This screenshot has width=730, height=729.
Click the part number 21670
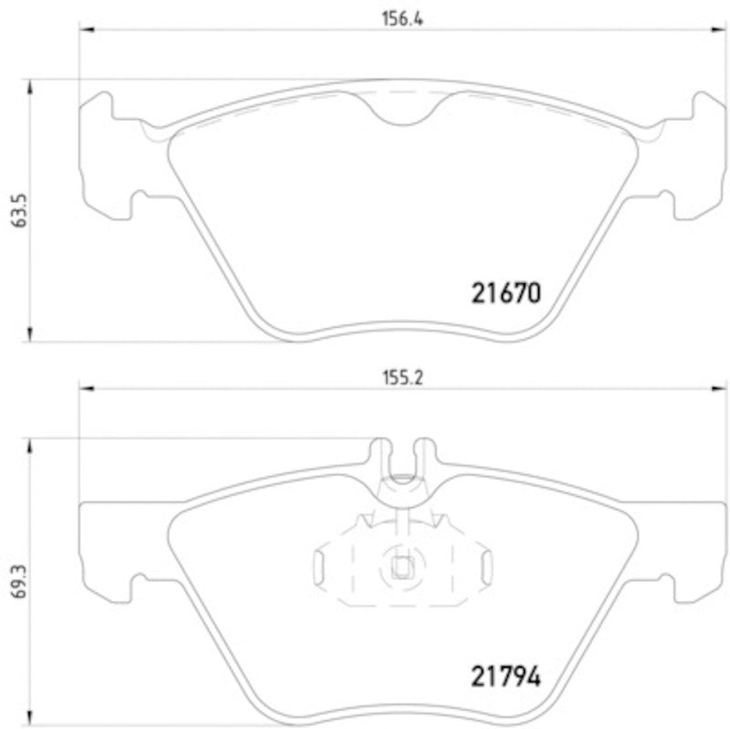[x=506, y=293]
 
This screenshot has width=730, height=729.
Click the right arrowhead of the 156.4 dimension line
[x=704, y=31]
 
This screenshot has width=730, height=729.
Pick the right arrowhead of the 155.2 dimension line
[x=704, y=388]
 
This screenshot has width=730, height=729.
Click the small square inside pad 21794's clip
[x=400, y=566]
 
